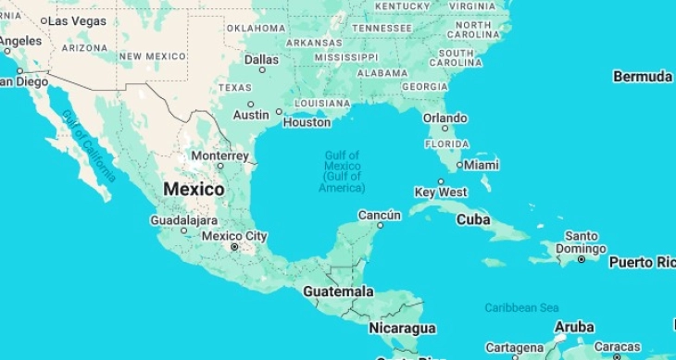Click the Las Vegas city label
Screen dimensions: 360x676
pyautogui.click(x=76, y=20)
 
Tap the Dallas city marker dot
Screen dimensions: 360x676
pyautogui.click(x=262, y=69)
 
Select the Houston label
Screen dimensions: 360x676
pyautogui.click(x=307, y=122)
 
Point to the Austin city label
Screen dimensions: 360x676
pyautogui.click(x=251, y=116)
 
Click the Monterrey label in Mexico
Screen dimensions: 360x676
pyautogui.click(x=219, y=155)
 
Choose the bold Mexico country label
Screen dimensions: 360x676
pyautogui.click(x=194, y=189)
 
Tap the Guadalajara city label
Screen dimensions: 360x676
pyautogui.click(x=184, y=220)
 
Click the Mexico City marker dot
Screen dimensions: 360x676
pyautogui.click(x=234, y=247)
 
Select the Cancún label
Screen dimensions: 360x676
pyautogui.click(x=380, y=215)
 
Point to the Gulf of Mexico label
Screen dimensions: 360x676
pyautogui.click(x=343, y=171)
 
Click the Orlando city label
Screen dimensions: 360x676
pyautogui.click(x=445, y=118)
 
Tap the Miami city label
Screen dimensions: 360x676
pyautogui.click(x=482, y=165)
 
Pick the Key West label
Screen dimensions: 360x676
pyautogui.click(x=441, y=192)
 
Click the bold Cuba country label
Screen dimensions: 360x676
pyautogui.click(x=473, y=219)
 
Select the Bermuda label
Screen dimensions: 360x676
pyautogui.click(x=642, y=76)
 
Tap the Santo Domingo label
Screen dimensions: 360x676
pyautogui.click(x=582, y=242)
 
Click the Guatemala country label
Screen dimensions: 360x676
pyautogui.click(x=338, y=292)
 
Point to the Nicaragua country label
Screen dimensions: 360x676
pyautogui.click(x=402, y=329)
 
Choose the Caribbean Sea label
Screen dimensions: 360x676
pyautogui.click(x=521, y=307)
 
